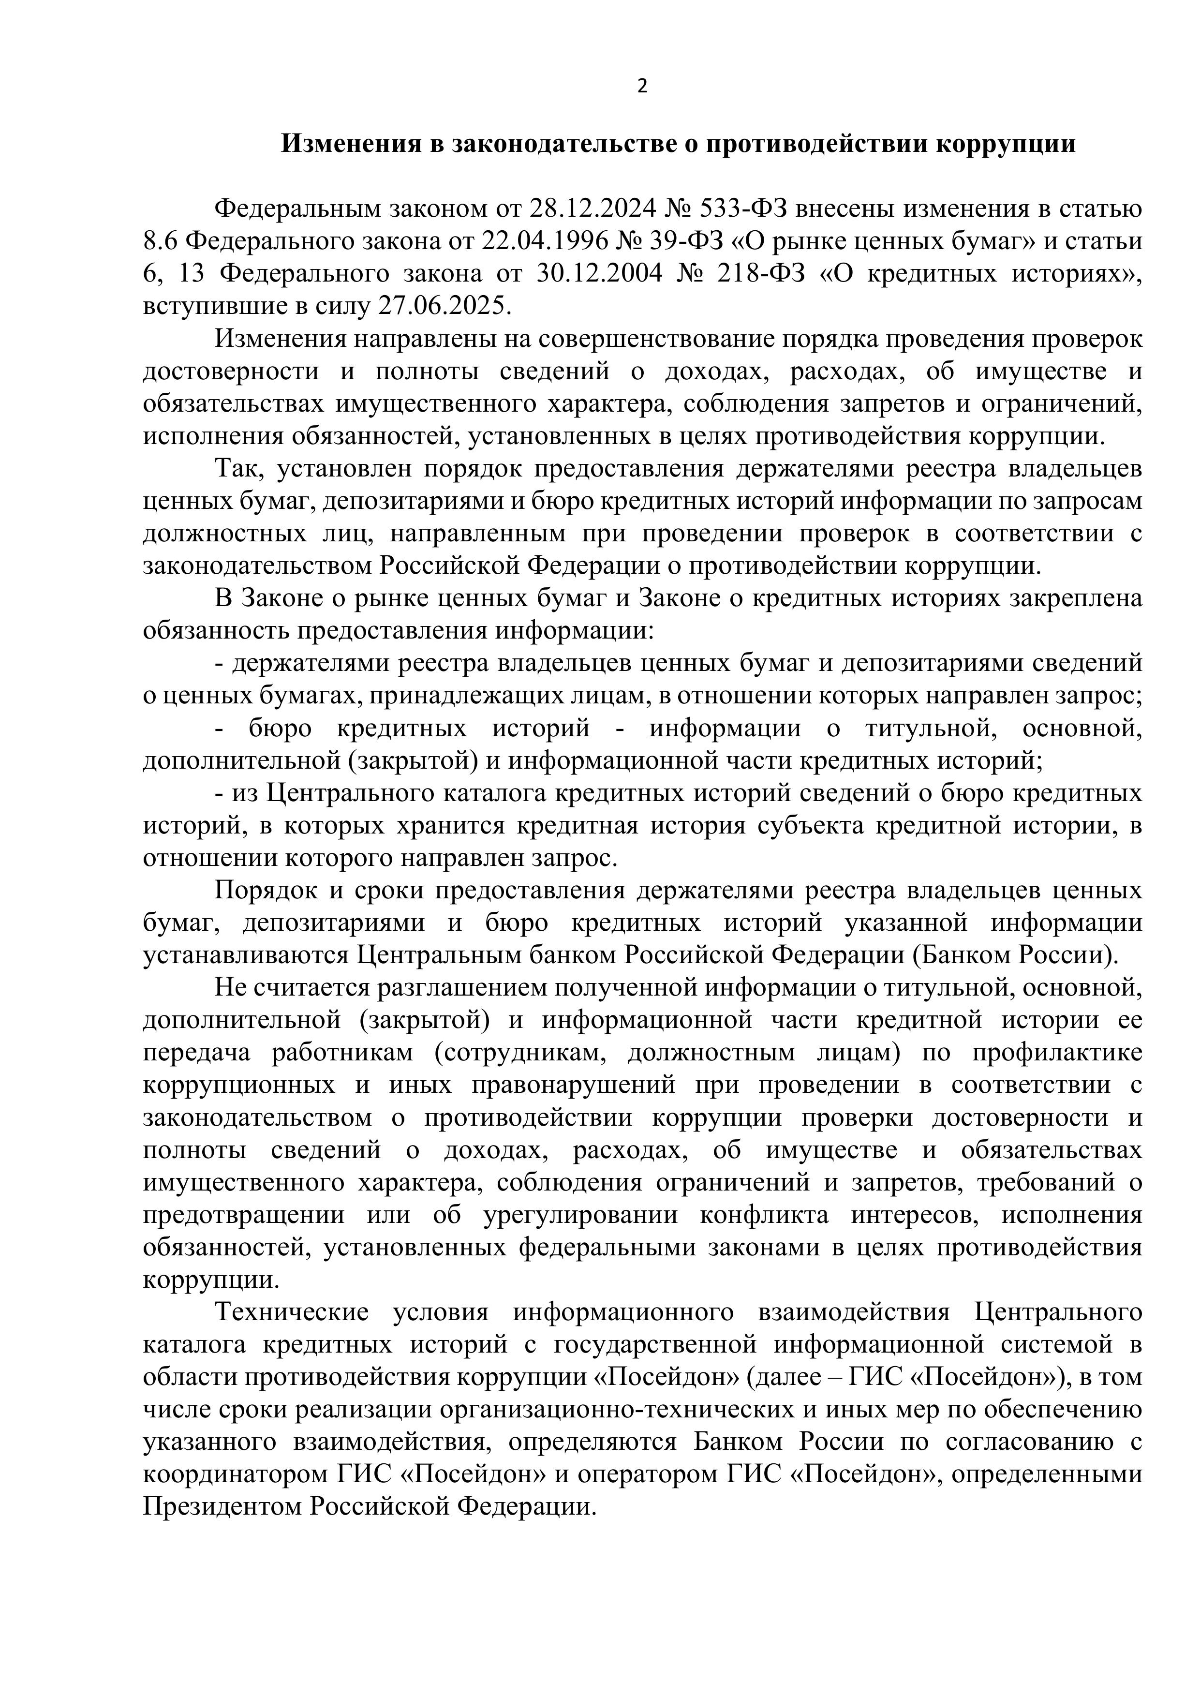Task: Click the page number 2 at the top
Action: click(641, 87)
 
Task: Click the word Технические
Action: click(291, 1313)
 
